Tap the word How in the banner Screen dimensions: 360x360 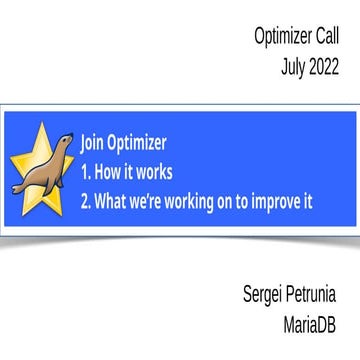pos(111,171)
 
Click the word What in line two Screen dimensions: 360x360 pos(116,200)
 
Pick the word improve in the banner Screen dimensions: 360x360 pos(272,200)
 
